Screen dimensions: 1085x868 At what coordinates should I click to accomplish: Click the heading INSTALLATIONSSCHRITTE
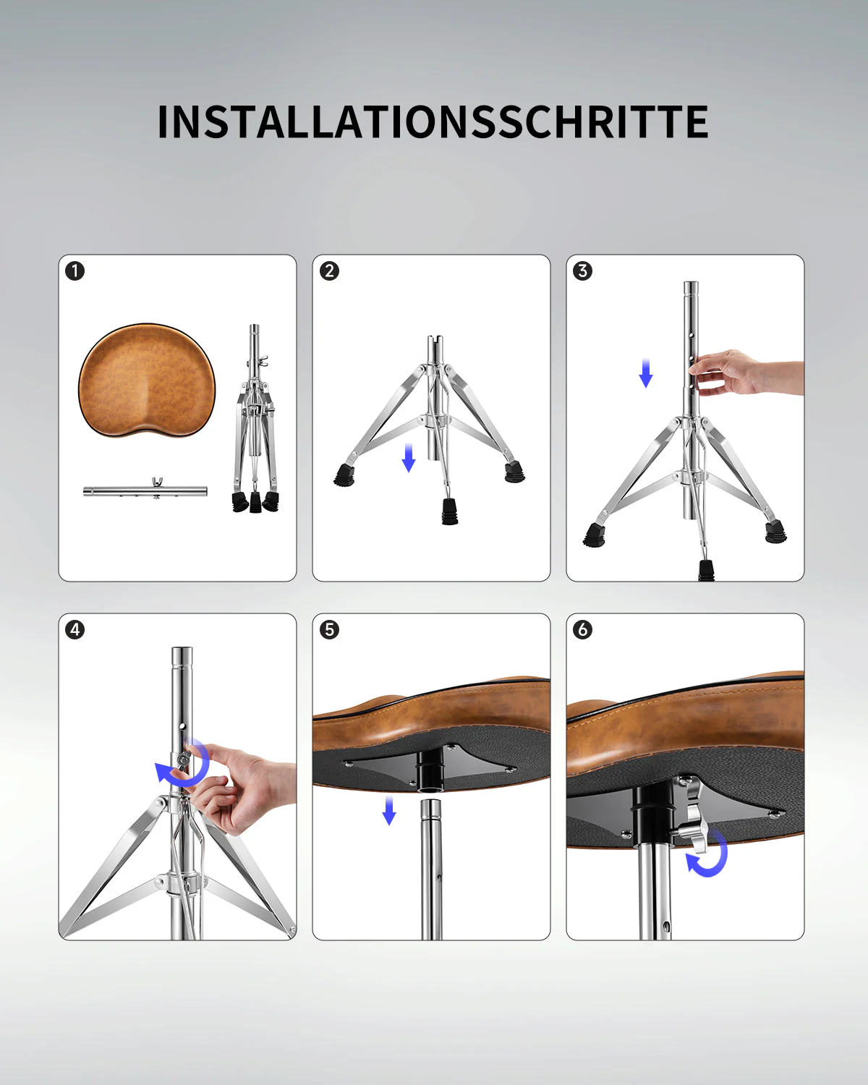433,122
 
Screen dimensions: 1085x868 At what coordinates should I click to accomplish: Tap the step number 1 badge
75,271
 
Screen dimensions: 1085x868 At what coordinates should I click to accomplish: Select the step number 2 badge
329,271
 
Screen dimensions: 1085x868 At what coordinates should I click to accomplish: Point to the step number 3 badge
583,271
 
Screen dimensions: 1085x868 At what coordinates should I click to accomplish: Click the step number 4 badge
75,629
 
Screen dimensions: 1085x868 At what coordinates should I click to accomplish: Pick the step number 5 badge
329,629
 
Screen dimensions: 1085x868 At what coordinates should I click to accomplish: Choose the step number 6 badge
583,629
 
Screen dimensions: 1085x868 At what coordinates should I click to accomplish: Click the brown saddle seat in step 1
147,380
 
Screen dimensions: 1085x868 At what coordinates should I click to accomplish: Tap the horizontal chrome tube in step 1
145,491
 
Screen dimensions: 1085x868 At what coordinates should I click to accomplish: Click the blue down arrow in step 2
409,458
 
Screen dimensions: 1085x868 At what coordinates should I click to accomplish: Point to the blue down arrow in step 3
646,373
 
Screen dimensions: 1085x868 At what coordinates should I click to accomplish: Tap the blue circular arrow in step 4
184,765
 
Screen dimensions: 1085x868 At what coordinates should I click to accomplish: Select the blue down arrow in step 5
389,810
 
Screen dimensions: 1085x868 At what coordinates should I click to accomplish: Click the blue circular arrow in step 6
708,854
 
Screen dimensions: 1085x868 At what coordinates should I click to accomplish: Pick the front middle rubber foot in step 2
450,511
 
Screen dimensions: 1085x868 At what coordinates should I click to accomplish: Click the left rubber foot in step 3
595,535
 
